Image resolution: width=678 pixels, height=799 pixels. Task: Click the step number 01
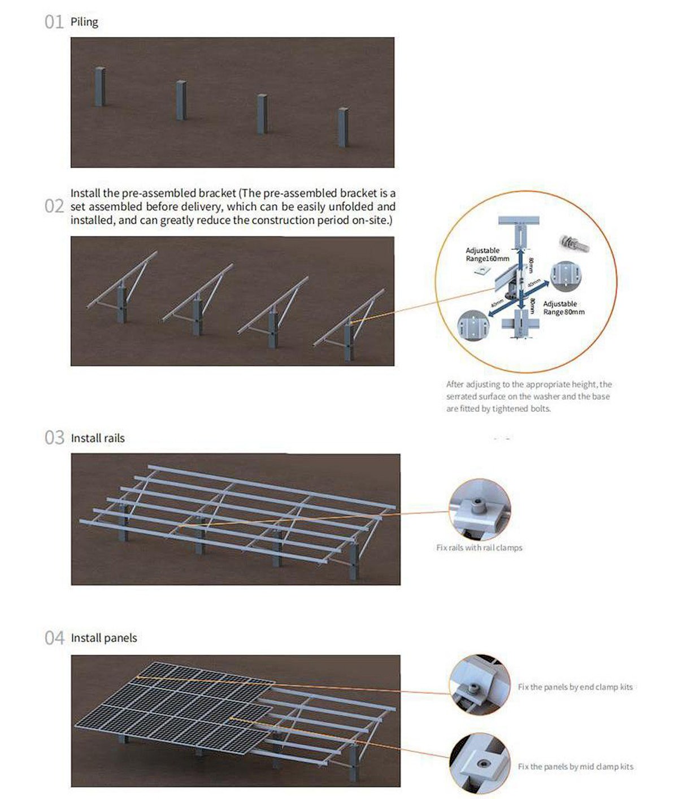coord(54,22)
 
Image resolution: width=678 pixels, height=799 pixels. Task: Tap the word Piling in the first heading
coord(84,22)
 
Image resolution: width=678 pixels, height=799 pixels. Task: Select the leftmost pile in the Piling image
coord(100,86)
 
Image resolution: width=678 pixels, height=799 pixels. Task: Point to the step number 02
coord(54,206)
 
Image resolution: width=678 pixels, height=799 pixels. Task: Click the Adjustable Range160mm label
coord(486,254)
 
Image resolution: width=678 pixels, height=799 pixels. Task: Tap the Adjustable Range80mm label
coord(563,308)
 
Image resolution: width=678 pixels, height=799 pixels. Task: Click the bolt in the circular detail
coord(574,243)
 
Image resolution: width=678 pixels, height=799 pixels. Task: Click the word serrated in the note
coord(461,396)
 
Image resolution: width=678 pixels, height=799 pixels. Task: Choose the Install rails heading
coord(98,438)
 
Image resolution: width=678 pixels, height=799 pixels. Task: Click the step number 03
coord(54,438)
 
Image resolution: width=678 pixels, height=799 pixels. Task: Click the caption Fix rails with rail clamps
coord(479,547)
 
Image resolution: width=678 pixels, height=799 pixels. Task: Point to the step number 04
coord(54,638)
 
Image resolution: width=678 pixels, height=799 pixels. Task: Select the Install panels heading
coord(104,638)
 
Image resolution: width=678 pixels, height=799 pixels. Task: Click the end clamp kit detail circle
coord(480,684)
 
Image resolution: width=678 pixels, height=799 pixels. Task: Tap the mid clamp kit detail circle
coord(480,764)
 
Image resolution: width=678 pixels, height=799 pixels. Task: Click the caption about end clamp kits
coord(575,687)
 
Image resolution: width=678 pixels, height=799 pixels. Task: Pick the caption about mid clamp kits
coord(575,767)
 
